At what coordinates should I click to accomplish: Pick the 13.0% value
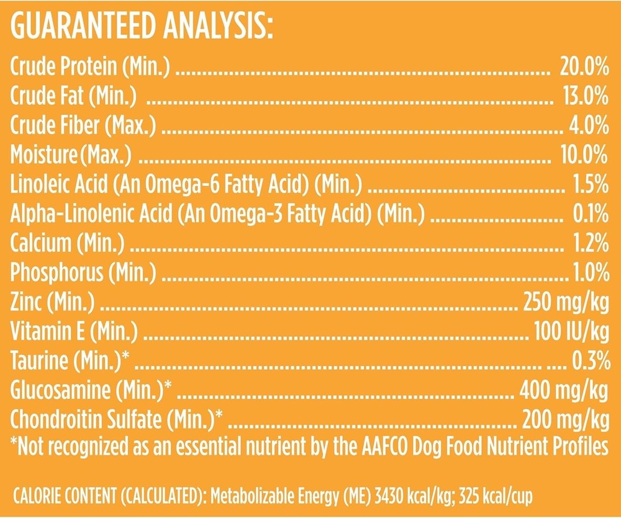(x=582, y=96)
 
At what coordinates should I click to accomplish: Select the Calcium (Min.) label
(x=68, y=242)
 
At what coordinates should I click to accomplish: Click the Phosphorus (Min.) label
(x=83, y=271)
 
